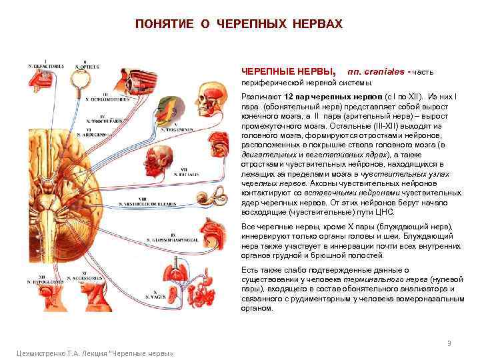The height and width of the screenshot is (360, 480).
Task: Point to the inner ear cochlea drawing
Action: pyautogui.click(x=217, y=199)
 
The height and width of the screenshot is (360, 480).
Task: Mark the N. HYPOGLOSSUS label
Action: pyautogui.click(x=50, y=277)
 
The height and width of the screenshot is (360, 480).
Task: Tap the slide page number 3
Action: pyautogui.click(x=449, y=343)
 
